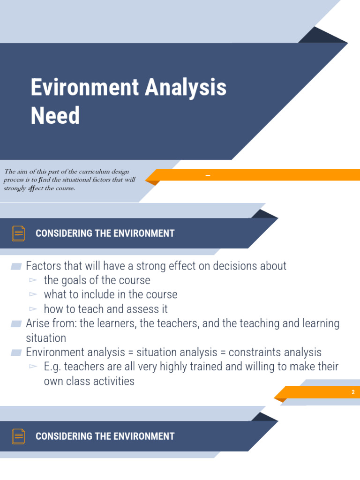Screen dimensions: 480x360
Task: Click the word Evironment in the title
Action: (84, 88)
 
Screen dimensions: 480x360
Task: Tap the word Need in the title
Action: (55, 115)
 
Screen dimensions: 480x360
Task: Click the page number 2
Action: (353, 392)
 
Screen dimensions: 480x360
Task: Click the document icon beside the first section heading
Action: (19, 233)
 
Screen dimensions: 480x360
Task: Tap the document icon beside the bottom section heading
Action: (19, 436)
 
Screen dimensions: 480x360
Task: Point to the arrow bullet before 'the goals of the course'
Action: (33, 280)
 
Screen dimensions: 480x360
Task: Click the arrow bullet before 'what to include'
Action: (33, 294)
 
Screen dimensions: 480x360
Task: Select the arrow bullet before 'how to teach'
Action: (33, 309)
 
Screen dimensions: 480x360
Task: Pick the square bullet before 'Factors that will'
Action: (16, 266)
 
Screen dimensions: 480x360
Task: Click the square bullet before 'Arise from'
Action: (16, 323)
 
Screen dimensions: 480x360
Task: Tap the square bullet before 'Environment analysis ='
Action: (16, 352)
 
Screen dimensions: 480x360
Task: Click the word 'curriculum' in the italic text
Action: (86, 172)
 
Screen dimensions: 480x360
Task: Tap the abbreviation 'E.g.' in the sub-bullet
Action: (52, 367)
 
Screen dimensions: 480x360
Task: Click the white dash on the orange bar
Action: (208, 176)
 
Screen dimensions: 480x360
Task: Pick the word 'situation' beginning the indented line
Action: (46, 338)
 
